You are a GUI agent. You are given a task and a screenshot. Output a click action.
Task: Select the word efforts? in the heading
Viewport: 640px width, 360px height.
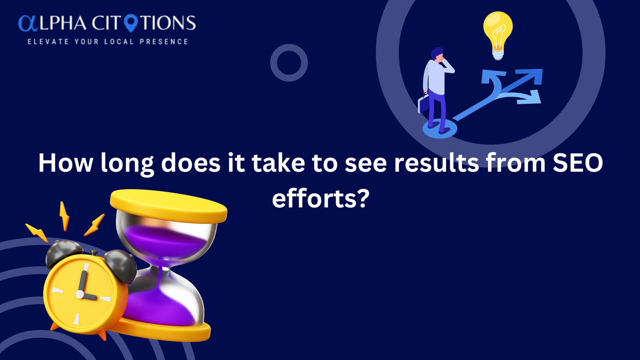coord(320,198)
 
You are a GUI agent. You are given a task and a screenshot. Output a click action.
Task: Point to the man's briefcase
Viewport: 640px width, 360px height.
coord(424,103)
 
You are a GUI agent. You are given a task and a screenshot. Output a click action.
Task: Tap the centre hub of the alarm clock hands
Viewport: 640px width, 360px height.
coord(80,294)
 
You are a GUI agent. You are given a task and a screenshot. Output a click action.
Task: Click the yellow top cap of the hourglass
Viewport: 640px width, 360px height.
coord(168,206)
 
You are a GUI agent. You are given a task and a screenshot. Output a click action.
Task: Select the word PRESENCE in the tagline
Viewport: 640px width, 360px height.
coord(164,42)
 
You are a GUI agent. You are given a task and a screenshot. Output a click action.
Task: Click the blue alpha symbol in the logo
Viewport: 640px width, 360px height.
coord(28,23)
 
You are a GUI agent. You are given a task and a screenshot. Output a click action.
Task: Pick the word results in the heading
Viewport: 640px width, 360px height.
coord(436,163)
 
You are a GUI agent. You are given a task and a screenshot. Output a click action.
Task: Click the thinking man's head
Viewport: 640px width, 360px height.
coord(438,54)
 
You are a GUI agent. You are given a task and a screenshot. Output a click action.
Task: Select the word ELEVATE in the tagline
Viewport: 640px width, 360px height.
coord(48,42)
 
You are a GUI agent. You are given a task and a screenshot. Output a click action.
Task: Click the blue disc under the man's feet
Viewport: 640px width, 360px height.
coord(440,129)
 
